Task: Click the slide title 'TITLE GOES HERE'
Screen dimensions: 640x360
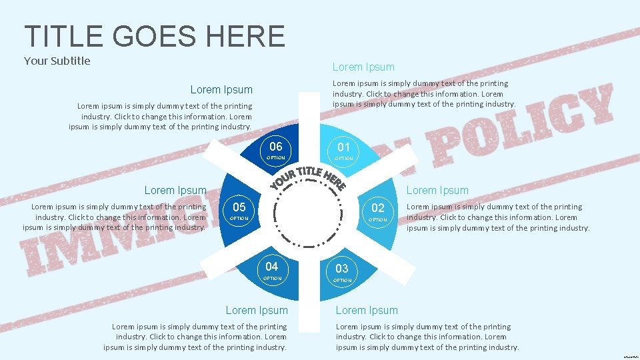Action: pos(154,35)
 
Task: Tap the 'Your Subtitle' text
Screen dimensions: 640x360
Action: pos(57,61)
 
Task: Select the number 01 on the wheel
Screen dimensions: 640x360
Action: pos(344,147)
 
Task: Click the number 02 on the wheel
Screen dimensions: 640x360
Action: pos(378,208)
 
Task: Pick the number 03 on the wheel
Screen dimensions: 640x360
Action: pos(342,269)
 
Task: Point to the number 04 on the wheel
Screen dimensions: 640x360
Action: pos(272,267)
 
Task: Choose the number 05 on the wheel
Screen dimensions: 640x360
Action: pos(239,207)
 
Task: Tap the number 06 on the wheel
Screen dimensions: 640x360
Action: pos(276,147)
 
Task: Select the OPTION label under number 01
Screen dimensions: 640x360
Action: pos(344,159)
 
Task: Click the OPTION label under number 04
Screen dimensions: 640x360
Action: pos(272,278)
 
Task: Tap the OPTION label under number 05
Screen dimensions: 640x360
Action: pos(239,219)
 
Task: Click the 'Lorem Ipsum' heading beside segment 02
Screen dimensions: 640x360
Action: pos(438,191)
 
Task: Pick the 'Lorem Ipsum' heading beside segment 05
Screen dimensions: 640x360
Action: pos(175,191)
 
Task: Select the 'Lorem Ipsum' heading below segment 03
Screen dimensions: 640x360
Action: pos(367,310)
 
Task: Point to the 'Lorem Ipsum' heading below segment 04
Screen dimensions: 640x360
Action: pos(257,310)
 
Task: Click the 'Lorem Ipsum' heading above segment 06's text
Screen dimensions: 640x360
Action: pos(221,90)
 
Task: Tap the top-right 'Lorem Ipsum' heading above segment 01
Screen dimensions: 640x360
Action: pos(363,67)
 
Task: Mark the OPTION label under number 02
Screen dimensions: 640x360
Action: pos(378,219)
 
